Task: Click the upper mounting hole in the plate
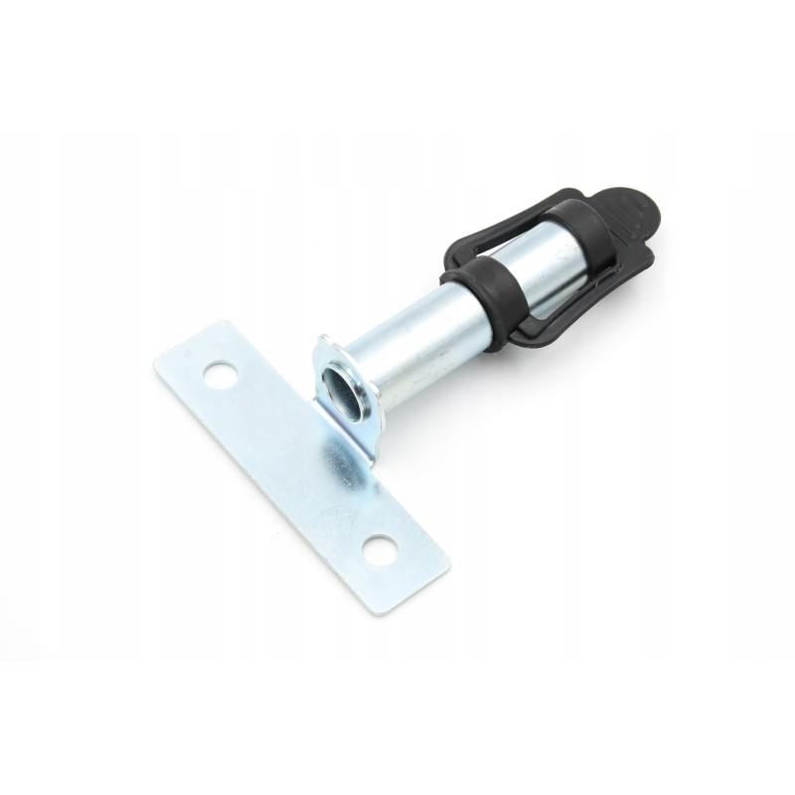pyautogui.click(x=216, y=376)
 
